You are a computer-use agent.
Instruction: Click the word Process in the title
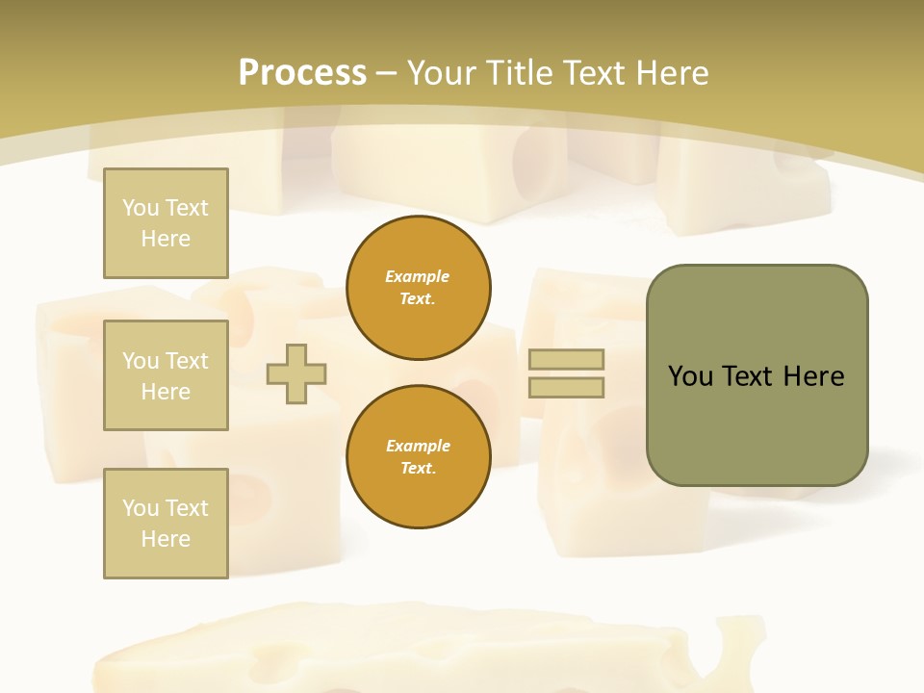302,73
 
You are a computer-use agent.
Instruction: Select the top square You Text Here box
166,223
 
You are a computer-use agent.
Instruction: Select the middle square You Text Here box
166,375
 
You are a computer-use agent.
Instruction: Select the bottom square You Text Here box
166,524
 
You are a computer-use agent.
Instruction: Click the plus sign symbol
296,373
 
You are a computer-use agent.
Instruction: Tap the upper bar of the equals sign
566,359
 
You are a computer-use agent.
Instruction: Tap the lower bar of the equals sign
566,388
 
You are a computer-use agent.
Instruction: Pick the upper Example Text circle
419,288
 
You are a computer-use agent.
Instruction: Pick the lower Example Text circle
419,457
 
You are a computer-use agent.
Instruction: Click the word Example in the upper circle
418,277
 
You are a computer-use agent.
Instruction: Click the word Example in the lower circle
418,447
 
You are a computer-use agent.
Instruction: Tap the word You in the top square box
140,208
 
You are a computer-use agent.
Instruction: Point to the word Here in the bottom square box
166,539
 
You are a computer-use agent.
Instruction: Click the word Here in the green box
813,376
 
